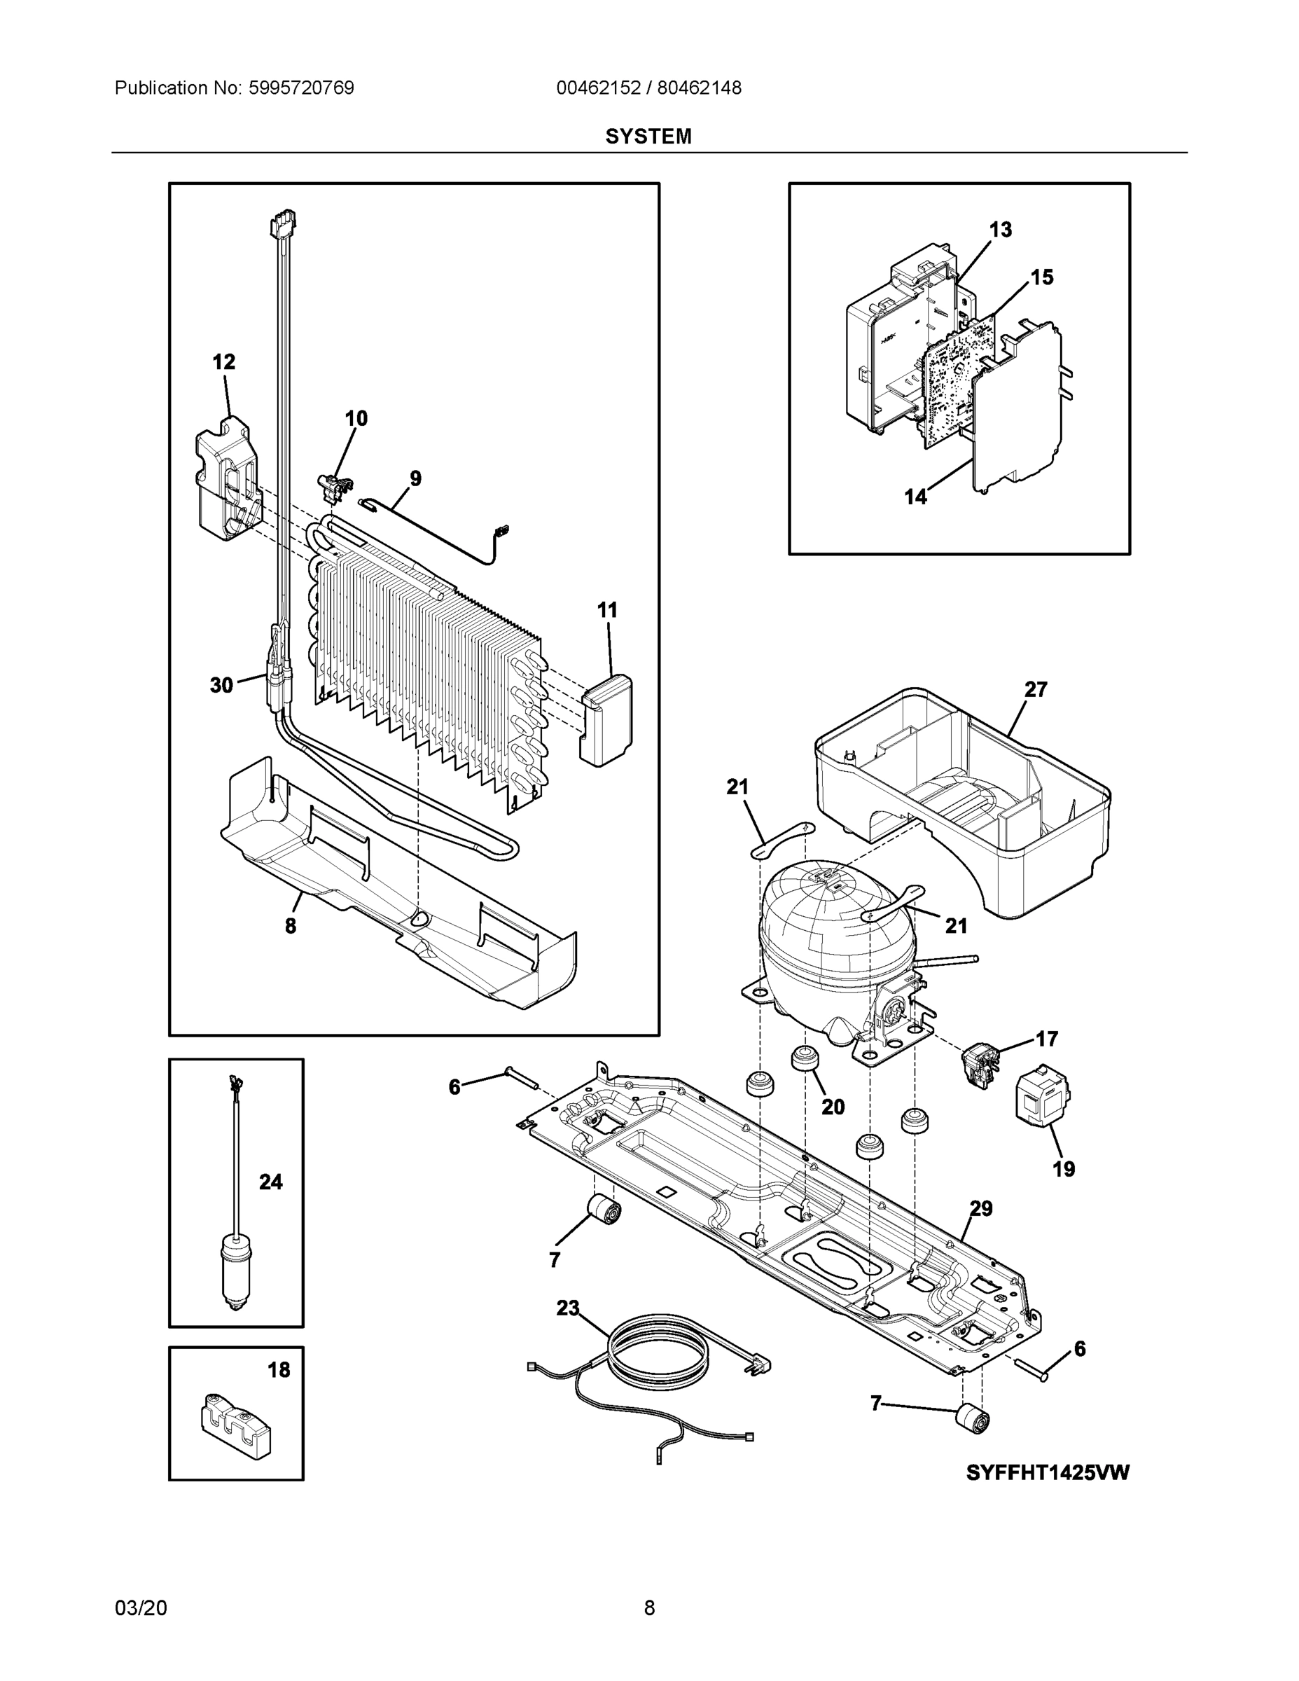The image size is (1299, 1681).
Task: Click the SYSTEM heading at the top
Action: point(648,137)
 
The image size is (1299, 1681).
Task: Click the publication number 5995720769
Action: point(301,88)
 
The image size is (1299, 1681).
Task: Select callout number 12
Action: point(224,361)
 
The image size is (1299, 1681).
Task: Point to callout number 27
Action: point(1035,690)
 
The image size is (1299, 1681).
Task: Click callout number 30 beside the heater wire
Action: point(221,685)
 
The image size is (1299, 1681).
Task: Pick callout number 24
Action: point(270,1182)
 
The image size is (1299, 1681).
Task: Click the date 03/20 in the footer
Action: point(141,1608)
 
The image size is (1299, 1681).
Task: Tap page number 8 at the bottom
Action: point(648,1608)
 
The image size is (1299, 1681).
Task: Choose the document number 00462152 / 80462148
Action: point(648,88)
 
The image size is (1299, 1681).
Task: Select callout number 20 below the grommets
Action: point(833,1107)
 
